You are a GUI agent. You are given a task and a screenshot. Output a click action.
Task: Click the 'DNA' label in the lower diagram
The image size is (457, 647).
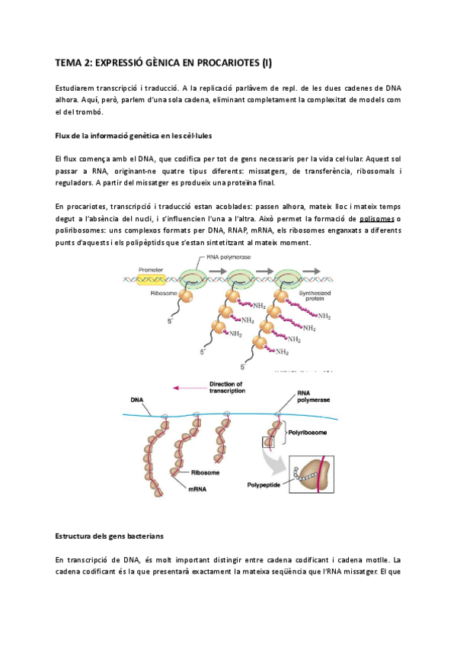click(136, 399)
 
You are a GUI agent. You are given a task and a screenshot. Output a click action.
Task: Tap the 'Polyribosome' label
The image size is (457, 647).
click(307, 432)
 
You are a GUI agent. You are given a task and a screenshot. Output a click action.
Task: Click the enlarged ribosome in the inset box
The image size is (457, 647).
click(313, 477)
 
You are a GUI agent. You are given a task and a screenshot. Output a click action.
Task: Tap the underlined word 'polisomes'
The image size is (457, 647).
click(383, 218)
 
